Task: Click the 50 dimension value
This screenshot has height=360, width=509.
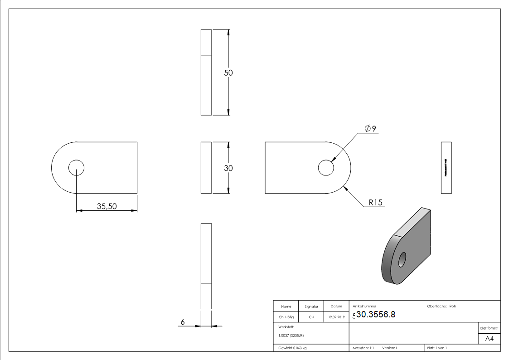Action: pyautogui.click(x=228, y=73)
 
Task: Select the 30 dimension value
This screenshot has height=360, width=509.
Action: pyautogui.click(x=228, y=168)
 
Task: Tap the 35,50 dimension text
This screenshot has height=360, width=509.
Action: pyautogui.click(x=107, y=206)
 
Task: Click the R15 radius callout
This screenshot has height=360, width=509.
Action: pyautogui.click(x=376, y=203)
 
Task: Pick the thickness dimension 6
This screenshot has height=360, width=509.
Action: pyautogui.click(x=183, y=322)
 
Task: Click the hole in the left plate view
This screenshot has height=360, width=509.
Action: pyautogui.click(x=76, y=168)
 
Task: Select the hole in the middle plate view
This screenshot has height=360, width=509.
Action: pyautogui.click(x=326, y=168)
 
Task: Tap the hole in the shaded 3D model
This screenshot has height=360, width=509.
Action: pyautogui.click(x=402, y=260)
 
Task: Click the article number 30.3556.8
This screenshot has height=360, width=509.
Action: pyautogui.click(x=376, y=315)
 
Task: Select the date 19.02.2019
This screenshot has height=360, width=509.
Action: pyautogui.click(x=336, y=317)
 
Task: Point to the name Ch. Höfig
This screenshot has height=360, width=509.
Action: pyautogui.click(x=286, y=317)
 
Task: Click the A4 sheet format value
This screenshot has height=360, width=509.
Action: pyautogui.click(x=489, y=339)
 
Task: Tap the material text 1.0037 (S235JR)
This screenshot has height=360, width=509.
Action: pyautogui.click(x=291, y=336)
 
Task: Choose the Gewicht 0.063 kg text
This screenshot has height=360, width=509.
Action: pyautogui.click(x=293, y=348)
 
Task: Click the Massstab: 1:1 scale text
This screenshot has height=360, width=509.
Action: pyautogui.click(x=363, y=348)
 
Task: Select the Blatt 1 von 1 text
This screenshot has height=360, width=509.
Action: pyautogui.click(x=437, y=348)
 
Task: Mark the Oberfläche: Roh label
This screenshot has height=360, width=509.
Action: pyautogui.click(x=441, y=306)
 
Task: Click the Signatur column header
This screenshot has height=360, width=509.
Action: pyautogui.click(x=311, y=306)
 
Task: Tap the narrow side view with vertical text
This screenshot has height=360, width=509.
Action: pyautogui.click(x=446, y=167)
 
